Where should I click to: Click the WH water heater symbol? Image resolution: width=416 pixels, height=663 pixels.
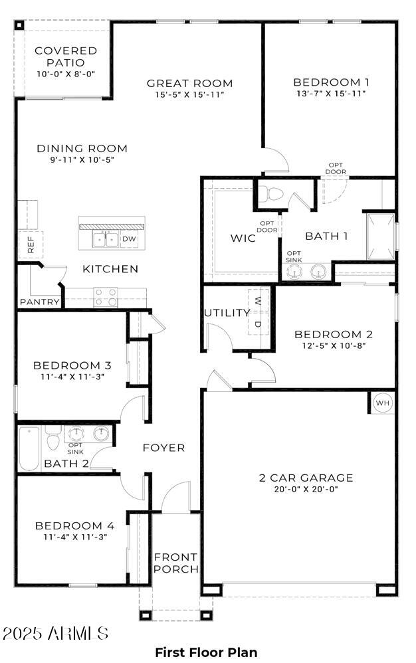[x=383, y=403]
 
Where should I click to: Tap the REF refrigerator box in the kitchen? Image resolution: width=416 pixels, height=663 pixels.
[x=31, y=244]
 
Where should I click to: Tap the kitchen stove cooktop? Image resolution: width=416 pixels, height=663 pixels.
[x=105, y=297]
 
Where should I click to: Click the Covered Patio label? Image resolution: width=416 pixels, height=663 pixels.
[x=66, y=56]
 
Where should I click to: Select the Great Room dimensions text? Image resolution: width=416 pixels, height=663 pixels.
[x=190, y=95]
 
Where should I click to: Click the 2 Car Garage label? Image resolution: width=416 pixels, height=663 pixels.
[x=306, y=478]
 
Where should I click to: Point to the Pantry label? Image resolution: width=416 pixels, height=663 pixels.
[x=40, y=302]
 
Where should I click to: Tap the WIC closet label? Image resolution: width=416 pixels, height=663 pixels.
[x=243, y=238]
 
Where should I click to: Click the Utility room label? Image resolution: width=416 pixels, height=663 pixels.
[x=227, y=313]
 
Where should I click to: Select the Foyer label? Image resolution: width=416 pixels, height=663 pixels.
[x=164, y=448]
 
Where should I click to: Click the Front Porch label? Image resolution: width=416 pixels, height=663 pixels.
[x=176, y=563]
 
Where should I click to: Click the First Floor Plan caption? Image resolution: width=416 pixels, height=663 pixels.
[x=206, y=652]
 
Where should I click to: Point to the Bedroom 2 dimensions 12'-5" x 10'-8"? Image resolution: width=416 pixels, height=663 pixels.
[x=333, y=345]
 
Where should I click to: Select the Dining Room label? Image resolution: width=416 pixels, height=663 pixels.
[x=82, y=148]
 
